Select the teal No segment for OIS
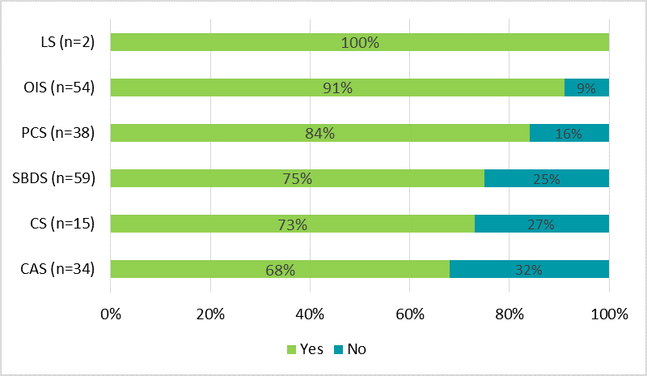pos(586,88)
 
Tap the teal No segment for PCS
pos(569,133)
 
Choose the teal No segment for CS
pos(541,224)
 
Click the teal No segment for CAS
pos(529,269)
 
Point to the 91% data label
pos(337,88)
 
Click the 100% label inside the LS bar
pos(360,43)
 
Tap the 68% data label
pos(280,270)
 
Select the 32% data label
pos(529,270)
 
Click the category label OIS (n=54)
pos(60,88)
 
